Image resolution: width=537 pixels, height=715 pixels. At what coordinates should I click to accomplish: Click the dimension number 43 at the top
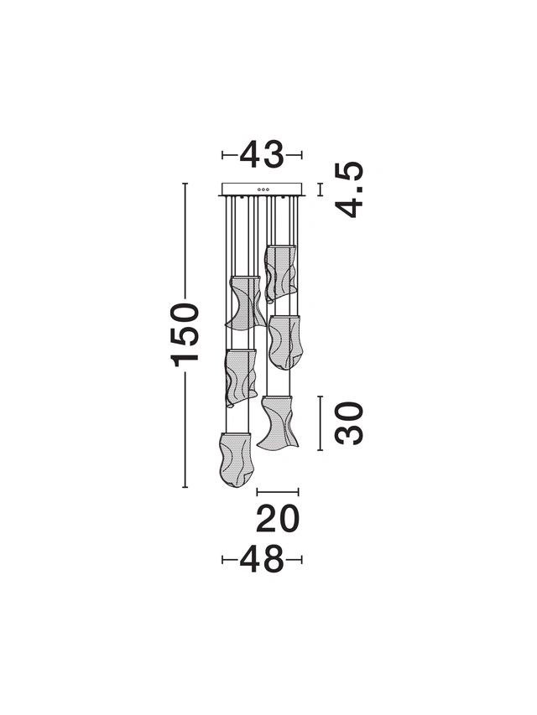coord(262,154)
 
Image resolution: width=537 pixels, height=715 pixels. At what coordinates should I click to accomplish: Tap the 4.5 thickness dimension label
coord(349,189)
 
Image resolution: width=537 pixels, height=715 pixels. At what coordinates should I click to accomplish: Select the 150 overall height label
coord(185,334)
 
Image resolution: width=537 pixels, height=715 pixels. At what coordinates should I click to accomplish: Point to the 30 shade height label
coord(349,422)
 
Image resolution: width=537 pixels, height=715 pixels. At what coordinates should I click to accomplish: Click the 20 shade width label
coord(278,519)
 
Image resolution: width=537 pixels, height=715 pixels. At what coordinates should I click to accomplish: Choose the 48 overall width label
coord(262,559)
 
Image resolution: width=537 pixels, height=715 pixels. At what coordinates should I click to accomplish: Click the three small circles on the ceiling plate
coord(263,189)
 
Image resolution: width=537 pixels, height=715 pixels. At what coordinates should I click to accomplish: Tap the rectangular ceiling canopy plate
coord(262,189)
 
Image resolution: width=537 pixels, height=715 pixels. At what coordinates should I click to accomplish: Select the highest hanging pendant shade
coord(280,272)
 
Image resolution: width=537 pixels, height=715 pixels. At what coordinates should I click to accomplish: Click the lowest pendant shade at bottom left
coord(235,459)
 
